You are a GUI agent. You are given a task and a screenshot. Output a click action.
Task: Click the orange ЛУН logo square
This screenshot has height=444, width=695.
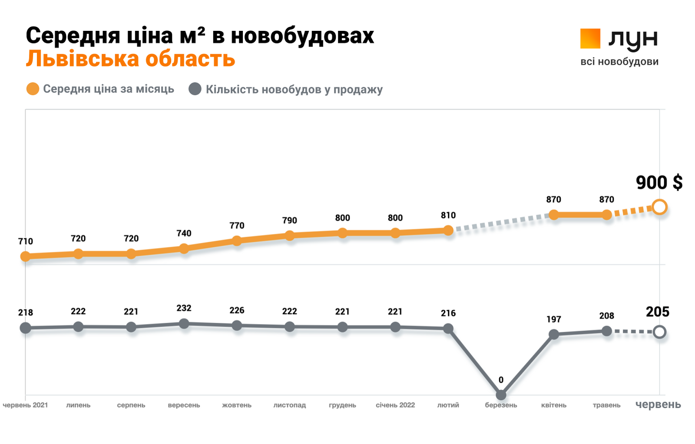tap(590, 39)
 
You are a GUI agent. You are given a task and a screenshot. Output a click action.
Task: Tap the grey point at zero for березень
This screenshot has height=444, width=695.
tap(501, 395)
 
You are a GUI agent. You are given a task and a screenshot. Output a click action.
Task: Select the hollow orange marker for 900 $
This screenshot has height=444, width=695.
tap(659, 207)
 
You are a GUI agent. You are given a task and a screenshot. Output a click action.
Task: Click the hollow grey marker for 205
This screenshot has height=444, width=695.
tap(659, 332)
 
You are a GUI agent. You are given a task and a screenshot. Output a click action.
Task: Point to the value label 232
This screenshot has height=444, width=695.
tap(184, 308)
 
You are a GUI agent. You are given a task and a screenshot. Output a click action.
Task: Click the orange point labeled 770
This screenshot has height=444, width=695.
tap(237, 241)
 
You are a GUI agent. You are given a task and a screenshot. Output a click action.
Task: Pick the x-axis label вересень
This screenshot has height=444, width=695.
tap(184, 405)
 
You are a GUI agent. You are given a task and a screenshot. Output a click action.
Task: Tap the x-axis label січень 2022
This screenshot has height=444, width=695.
tap(395, 405)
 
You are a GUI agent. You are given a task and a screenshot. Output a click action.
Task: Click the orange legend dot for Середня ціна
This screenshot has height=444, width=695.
tap(33, 89)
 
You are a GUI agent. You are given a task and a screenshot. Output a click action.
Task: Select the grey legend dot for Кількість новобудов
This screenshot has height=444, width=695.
tap(195, 89)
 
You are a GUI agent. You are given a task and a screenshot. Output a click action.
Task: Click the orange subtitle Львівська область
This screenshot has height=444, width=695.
tap(130, 59)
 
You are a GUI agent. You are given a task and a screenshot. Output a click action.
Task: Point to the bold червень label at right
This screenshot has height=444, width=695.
tap(658, 404)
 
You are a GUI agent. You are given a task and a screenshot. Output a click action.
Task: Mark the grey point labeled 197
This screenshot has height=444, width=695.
tap(554, 335)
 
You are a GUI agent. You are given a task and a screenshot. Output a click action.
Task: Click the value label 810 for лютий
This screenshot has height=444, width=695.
tap(448, 215)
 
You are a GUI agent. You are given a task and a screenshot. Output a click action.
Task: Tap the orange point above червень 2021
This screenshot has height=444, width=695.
tap(26, 256)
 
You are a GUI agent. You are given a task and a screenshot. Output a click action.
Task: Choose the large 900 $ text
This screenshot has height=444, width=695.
tap(659, 182)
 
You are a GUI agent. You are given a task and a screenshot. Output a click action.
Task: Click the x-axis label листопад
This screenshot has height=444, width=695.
tap(290, 405)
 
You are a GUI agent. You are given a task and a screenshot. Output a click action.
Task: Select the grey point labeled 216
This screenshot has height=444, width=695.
tap(448, 329)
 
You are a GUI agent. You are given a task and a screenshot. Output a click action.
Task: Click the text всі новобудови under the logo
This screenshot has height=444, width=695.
tap(619, 62)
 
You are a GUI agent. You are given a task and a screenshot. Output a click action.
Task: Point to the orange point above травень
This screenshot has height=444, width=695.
tap(607, 215)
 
